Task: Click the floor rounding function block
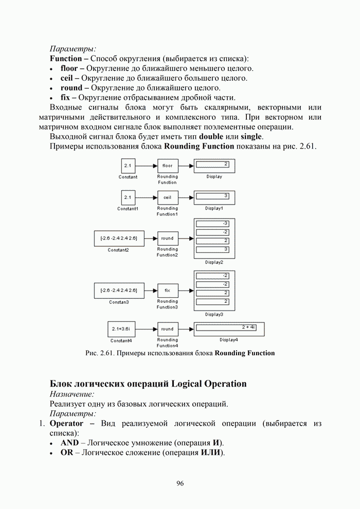167,166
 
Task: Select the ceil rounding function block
167,197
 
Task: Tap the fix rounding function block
167,290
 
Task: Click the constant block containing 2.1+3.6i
121,329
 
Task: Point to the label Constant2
118,250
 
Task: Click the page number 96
180,483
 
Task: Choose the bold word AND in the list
69,443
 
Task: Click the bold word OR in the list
66,453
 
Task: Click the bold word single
251,137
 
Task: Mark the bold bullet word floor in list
68,68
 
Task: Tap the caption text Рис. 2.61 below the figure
99,353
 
